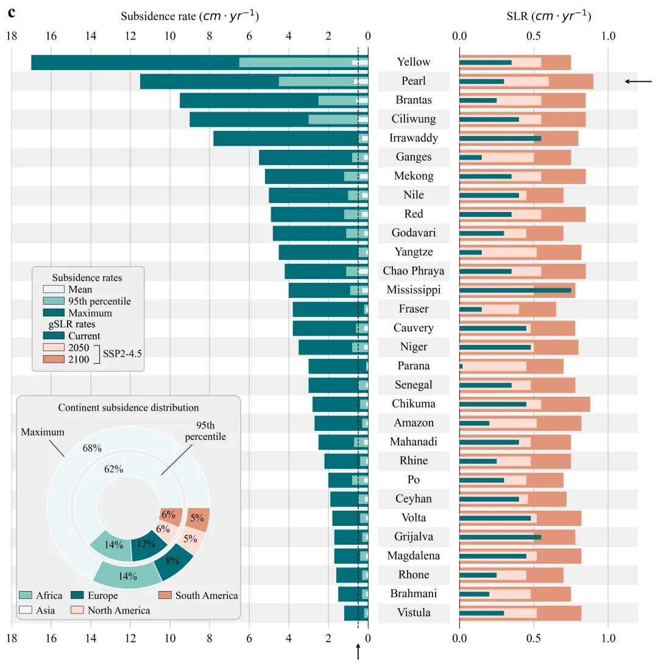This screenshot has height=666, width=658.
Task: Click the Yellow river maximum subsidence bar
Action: point(134,62)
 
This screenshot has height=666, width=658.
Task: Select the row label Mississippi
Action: point(414,290)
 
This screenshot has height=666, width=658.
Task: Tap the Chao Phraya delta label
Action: point(414,271)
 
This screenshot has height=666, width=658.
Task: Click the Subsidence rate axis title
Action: point(189,16)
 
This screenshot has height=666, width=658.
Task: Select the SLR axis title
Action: point(548,16)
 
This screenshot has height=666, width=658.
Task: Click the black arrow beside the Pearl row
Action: point(638,81)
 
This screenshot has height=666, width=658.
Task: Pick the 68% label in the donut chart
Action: point(91,448)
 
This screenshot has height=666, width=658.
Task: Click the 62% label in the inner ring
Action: point(113,469)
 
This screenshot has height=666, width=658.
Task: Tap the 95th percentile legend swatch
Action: point(53,302)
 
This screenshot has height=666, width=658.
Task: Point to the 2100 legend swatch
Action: point(53,360)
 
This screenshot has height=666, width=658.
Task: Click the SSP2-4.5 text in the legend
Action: point(122,353)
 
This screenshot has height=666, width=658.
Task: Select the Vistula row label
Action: point(414,613)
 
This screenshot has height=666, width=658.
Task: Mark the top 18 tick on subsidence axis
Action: point(11,36)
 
